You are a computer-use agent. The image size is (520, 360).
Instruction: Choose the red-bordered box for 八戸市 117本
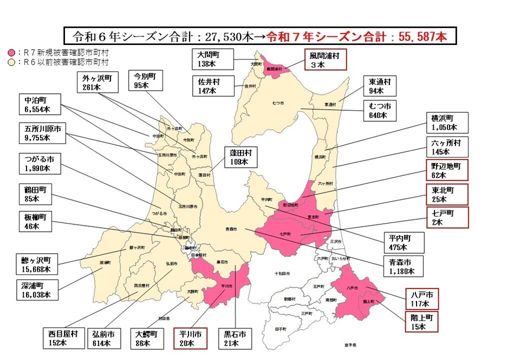pyautogui.click(x=421, y=299)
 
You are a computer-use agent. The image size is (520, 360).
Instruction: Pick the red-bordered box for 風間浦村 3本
pyautogui.click(x=324, y=60)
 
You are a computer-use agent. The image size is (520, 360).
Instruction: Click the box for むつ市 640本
pyautogui.click(x=380, y=110)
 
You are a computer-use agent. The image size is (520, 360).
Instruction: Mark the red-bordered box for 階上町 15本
pyautogui.click(x=421, y=322)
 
